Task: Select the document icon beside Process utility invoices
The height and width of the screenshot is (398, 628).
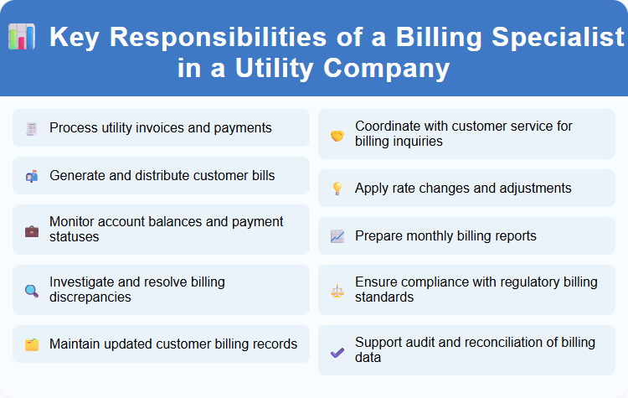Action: [31, 129]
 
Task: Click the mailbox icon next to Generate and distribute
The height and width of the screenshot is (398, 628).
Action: [31, 176]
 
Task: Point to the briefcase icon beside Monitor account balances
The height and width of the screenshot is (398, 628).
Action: [31, 230]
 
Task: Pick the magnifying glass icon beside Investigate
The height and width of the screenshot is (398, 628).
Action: [31, 291]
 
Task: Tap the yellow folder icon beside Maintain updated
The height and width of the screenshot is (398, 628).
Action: [31, 344]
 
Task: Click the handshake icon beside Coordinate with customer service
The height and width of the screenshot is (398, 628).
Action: [337, 135]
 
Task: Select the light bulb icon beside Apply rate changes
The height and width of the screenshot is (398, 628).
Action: [337, 189]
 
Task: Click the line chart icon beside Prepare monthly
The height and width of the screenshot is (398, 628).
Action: [337, 236]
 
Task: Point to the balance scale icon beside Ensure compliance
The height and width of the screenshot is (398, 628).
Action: [337, 291]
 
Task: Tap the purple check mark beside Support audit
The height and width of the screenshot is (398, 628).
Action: [337, 351]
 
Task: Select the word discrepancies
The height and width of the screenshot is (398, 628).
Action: [91, 297]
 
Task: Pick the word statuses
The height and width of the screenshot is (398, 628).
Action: [75, 237]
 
